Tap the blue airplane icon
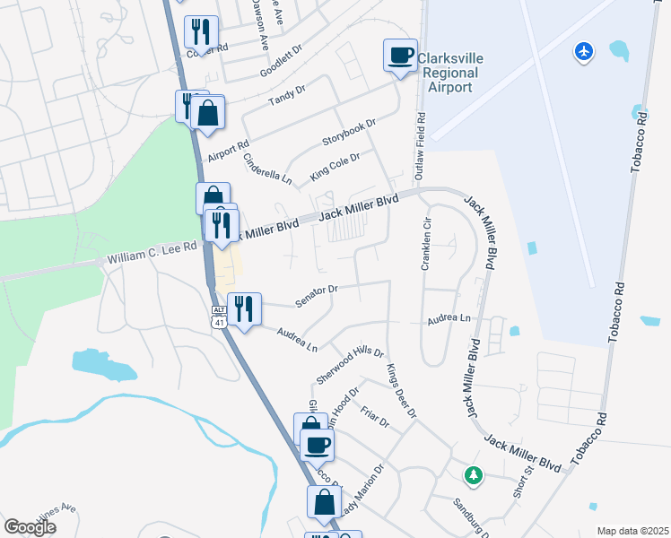tap(584, 52)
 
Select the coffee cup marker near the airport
tap(400, 56)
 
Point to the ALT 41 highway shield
tap(219, 317)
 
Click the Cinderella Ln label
tap(268, 169)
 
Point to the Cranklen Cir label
tap(427, 243)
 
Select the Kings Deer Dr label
tap(401, 391)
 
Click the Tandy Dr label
tap(286, 97)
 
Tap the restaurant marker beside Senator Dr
tap(244, 309)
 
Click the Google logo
tap(30, 527)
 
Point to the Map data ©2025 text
tap(632, 531)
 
